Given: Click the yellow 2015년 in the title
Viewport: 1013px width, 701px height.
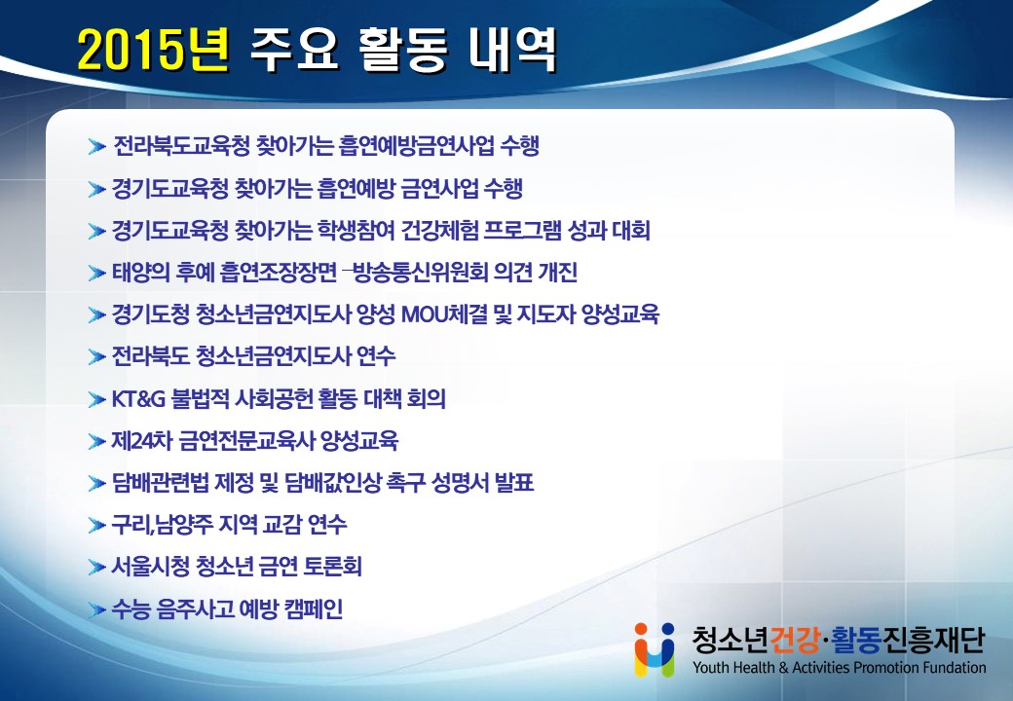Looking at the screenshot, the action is [154, 50].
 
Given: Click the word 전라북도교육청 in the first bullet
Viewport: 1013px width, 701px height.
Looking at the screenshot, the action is [181, 146].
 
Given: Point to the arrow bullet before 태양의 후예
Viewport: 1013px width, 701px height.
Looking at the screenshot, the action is [96, 273].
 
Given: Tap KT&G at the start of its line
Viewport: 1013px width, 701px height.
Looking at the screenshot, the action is [138, 399].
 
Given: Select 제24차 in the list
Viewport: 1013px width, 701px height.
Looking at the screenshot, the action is [141, 441].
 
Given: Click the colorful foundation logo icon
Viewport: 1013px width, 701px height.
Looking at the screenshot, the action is [655, 649].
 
